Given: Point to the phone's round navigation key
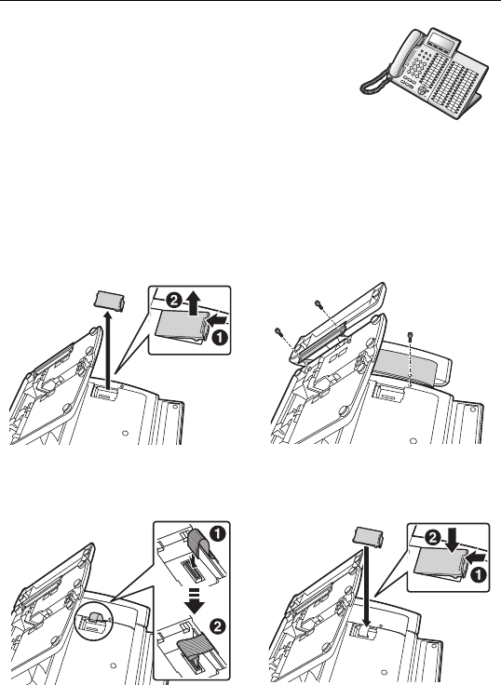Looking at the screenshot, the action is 422,90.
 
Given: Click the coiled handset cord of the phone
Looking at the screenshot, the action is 374,82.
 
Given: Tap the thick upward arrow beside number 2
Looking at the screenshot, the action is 193,302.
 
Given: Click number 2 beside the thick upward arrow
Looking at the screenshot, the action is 174,301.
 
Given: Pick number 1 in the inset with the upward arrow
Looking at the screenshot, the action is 220,337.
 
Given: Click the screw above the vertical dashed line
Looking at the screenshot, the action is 410,337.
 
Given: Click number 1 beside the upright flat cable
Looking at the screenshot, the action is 218,535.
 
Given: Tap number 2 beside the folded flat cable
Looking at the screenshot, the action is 218,627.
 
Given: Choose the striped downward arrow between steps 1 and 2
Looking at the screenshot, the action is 194,600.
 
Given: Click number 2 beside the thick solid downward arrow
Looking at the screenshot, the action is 434,538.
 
